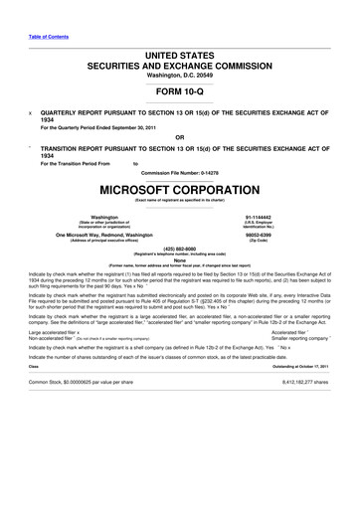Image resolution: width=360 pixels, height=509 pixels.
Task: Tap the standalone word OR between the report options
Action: coord(179,137)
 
